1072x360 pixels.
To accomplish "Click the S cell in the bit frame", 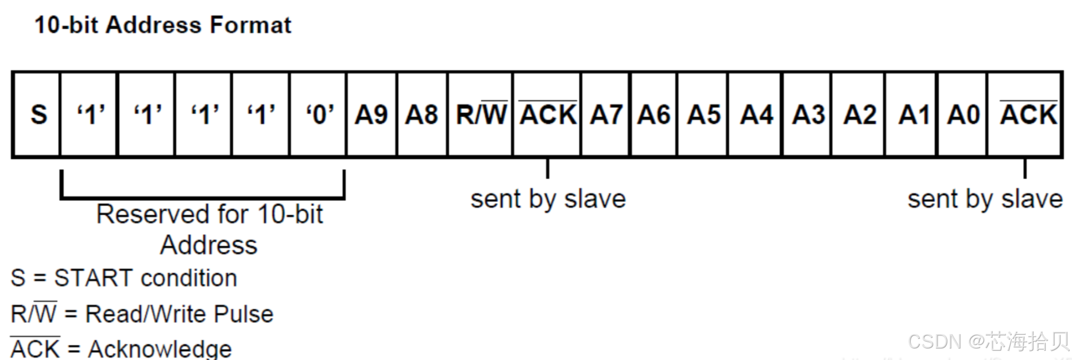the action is click(38, 114).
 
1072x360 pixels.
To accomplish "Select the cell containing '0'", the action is click(319, 114).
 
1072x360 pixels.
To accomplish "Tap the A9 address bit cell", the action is click(371, 114).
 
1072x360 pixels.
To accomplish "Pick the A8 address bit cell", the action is click(422, 114).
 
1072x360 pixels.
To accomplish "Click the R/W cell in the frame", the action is click(481, 114).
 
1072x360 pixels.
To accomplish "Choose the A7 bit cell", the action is click(606, 114).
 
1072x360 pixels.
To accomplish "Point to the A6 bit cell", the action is click(654, 114).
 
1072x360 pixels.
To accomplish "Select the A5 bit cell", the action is click(703, 114).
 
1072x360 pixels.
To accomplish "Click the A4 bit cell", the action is click(756, 114).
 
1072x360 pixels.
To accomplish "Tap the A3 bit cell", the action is click(808, 114).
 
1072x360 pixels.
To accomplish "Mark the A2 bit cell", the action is click(859, 114).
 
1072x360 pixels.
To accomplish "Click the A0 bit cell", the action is click(963, 114).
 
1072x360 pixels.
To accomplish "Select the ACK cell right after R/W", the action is click(547, 114).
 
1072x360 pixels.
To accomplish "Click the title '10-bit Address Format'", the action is click(162, 25).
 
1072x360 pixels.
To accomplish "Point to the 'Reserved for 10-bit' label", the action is click(210, 215).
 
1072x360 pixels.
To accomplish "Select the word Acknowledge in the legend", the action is click(160, 349).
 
